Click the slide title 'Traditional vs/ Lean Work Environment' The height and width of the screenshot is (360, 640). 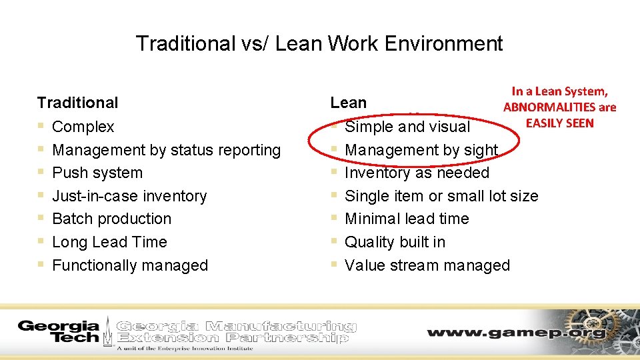(319, 44)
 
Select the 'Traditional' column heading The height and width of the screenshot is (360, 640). (77, 103)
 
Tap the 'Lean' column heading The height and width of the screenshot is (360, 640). (348, 103)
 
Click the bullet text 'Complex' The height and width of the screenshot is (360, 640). (83, 127)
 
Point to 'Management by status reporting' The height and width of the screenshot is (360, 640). (166, 150)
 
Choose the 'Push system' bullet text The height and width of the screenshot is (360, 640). (97, 173)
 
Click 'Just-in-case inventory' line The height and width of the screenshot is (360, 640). (129, 196)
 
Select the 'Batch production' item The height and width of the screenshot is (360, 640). (111, 219)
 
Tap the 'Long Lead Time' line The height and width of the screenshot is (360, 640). (109, 242)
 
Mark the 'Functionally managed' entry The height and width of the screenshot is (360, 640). (130, 265)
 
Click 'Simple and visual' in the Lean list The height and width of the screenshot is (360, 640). (407, 127)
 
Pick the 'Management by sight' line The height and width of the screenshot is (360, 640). (421, 150)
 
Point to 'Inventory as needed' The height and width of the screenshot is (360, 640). (417, 173)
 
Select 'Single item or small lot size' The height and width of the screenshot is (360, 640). (441, 196)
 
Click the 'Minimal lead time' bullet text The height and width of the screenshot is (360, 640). (407, 219)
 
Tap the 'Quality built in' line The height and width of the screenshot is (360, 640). (395, 242)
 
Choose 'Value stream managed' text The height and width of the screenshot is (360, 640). (427, 265)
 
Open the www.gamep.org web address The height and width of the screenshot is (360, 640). (517, 332)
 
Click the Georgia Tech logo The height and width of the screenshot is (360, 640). (59, 331)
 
